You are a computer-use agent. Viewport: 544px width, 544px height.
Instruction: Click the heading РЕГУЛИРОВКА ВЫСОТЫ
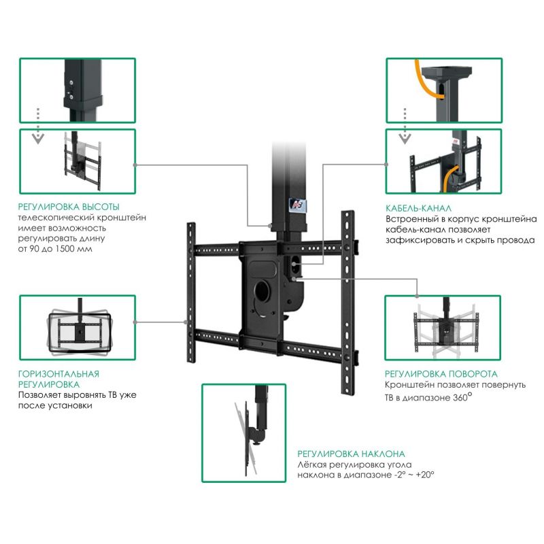(x=69, y=207)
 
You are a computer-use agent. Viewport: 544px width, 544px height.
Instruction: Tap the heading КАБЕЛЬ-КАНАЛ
(x=418, y=208)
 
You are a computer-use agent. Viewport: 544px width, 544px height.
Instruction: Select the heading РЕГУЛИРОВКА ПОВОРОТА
(x=441, y=374)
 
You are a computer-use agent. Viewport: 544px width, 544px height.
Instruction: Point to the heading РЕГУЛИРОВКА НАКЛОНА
(x=351, y=454)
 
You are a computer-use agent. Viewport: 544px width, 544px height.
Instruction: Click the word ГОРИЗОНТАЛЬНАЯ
(x=58, y=374)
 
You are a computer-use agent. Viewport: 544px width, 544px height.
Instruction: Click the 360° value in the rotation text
(x=462, y=396)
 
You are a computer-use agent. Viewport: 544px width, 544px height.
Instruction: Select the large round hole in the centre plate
(x=262, y=290)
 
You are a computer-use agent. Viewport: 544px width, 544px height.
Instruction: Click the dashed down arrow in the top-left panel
(x=38, y=126)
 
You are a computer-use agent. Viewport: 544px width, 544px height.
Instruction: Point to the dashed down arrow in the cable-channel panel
(x=405, y=126)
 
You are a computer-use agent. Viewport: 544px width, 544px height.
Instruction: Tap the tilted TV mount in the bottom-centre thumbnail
(x=248, y=437)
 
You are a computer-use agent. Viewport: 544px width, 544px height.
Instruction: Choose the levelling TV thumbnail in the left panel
(x=79, y=327)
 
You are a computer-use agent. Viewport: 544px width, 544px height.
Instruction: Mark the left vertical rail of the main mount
(x=191, y=292)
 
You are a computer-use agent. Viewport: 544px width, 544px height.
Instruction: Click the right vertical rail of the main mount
(x=347, y=303)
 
